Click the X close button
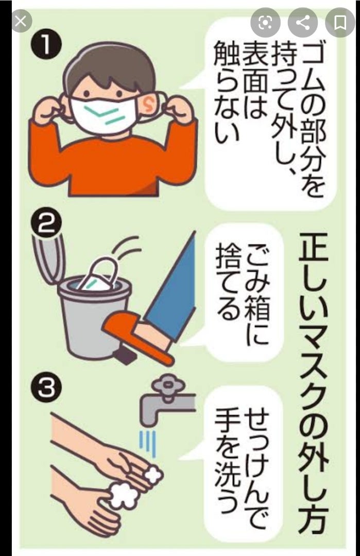[x=21, y=22]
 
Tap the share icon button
[x=302, y=23]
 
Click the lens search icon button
[x=265, y=23]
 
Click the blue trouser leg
[x=174, y=284]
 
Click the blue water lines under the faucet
[x=149, y=443]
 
